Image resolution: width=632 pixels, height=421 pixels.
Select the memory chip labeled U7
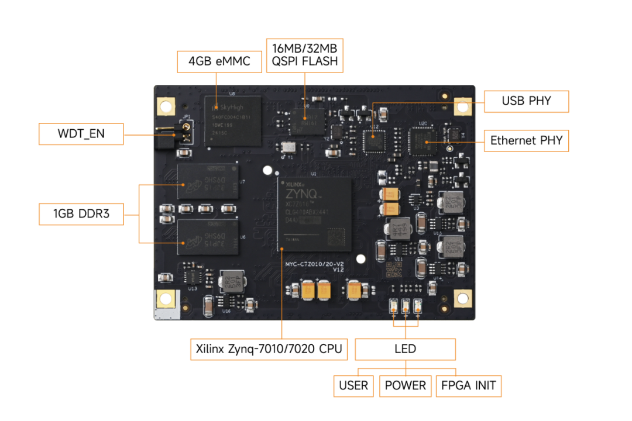pos(208,181)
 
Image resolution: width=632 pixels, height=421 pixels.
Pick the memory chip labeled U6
pos(208,237)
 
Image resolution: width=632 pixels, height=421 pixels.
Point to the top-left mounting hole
pos(166,107)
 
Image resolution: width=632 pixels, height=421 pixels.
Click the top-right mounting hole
pos(463,107)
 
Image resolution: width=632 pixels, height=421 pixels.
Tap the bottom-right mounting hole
pos(463,299)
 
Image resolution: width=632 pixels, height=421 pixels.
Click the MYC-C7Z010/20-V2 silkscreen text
pos(314,264)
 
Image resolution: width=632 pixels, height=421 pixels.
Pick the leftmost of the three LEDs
pos(394,306)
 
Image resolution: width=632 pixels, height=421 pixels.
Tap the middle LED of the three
pos(406,306)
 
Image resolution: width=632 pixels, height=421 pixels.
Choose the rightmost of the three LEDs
pos(417,306)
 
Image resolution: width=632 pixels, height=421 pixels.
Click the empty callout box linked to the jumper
pos(81,134)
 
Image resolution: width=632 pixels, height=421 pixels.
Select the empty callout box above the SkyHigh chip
pos(219,61)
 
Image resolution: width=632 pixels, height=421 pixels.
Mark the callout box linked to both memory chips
pos(81,214)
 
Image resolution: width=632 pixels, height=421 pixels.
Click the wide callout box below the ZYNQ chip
pos(269,350)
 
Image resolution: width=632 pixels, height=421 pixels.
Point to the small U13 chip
pos(192,275)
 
